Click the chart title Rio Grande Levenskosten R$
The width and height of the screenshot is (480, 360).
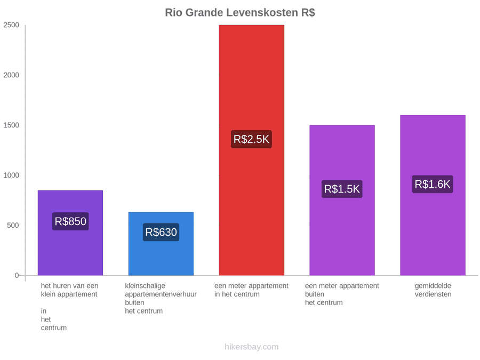click(240, 13)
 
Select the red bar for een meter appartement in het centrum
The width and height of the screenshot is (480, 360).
click(252, 150)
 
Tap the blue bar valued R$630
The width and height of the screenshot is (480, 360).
click(161, 244)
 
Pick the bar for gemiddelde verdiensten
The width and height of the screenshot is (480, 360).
click(433, 195)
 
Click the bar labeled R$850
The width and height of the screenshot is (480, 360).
click(70, 233)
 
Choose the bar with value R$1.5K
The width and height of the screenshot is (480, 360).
click(342, 200)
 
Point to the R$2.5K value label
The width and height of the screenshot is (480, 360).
click(251, 139)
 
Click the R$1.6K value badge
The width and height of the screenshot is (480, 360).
click(433, 184)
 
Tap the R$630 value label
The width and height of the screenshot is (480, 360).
click(161, 232)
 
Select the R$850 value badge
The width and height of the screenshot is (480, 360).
click(70, 221)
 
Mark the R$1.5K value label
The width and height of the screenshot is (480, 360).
click(342, 189)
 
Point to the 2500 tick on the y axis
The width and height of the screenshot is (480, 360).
click(11, 25)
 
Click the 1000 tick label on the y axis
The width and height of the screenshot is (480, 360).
click(11, 175)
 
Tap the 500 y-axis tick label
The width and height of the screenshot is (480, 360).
click(13, 225)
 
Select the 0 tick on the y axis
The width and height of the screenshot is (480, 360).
click(17, 276)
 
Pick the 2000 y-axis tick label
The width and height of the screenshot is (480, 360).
click(11, 75)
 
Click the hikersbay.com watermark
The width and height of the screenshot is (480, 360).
click(252, 347)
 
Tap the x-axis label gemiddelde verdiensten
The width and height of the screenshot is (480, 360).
click(433, 290)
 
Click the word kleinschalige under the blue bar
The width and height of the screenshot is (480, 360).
click(145, 286)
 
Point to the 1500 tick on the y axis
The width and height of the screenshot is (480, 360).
click(11, 125)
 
